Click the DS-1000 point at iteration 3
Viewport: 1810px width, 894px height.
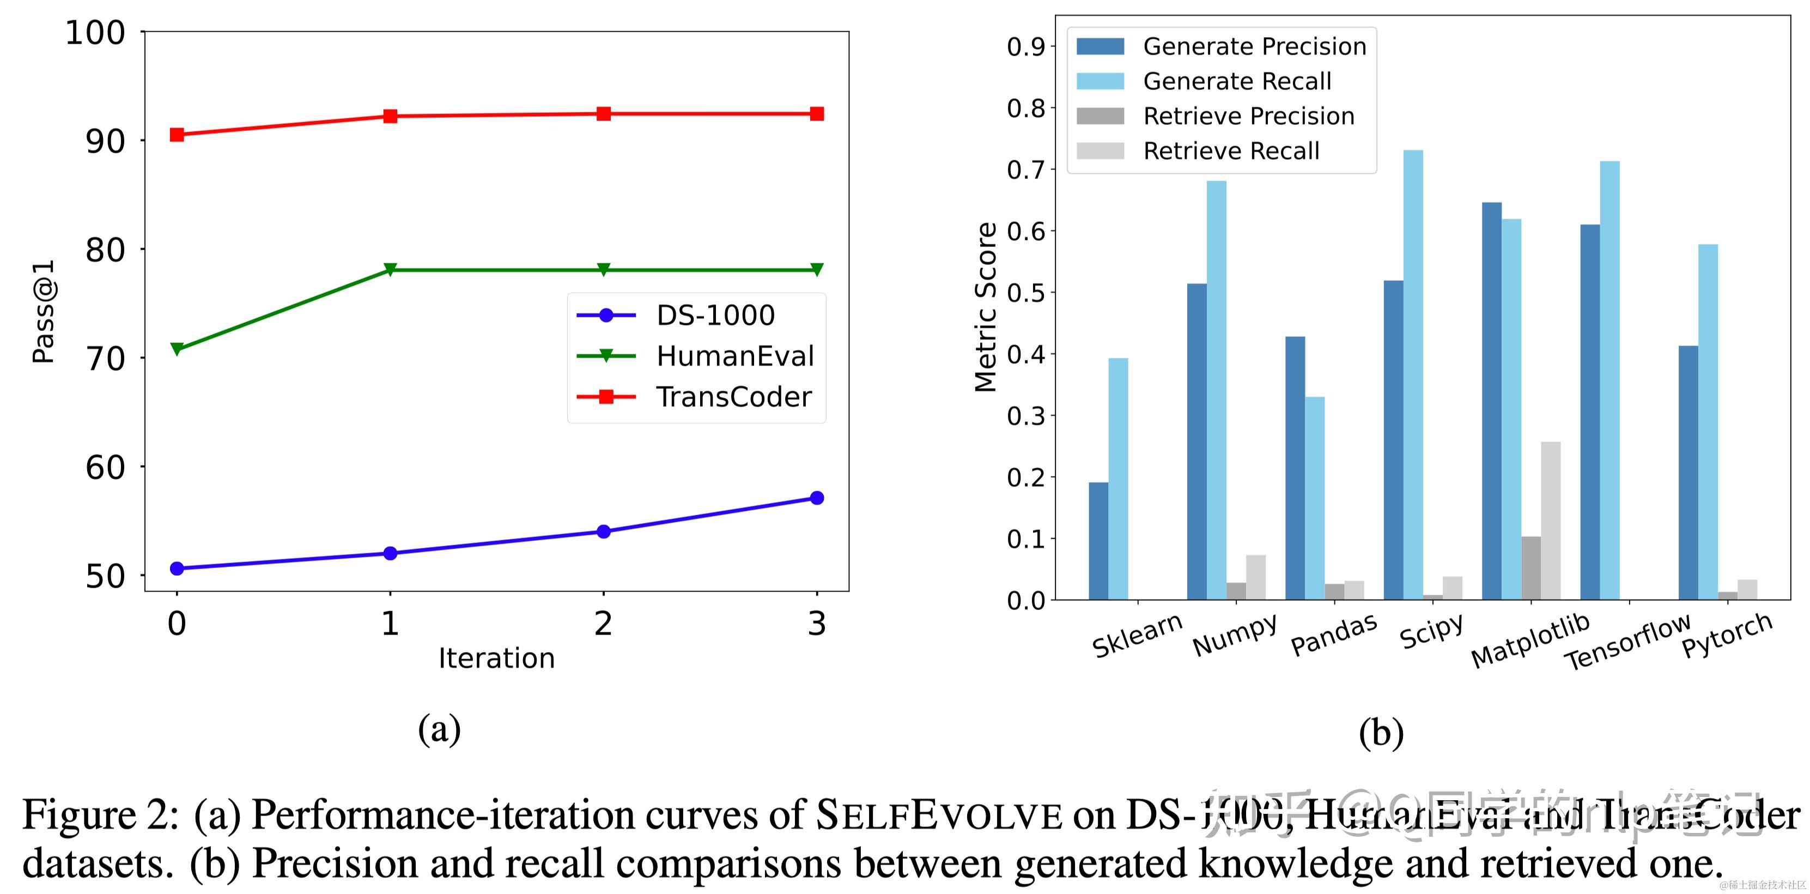click(x=817, y=498)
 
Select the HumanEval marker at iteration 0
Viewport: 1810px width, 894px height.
click(x=177, y=348)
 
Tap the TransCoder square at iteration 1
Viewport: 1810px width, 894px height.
click(x=390, y=116)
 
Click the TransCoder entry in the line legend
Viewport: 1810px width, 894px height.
click(x=733, y=397)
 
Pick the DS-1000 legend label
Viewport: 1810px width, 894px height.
click(x=715, y=316)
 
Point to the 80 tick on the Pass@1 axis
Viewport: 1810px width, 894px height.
click(x=105, y=250)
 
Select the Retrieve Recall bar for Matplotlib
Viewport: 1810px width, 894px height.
click(x=1551, y=520)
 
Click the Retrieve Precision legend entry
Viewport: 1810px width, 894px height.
click(x=1249, y=116)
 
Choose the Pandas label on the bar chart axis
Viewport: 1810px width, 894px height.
click(x=1334, y=636)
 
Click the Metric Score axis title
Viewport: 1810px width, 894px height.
click(x=986, y=307)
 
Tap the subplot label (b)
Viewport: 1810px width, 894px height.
click(x=1381, y=733)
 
